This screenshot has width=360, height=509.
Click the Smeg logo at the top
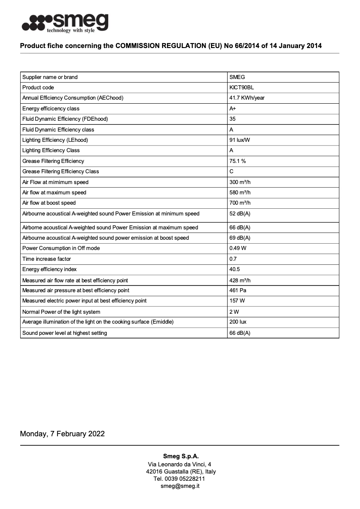65,22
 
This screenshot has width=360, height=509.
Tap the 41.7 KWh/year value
247,98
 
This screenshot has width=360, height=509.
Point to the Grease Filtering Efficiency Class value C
232,171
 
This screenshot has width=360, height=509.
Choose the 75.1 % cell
237,161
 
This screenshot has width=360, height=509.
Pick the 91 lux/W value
240,140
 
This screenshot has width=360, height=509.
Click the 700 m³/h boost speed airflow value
240,203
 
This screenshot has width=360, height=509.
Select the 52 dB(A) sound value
240,214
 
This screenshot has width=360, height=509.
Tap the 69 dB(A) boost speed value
240,238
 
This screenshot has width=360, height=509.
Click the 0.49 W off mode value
237,248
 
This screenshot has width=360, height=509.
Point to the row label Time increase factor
47,259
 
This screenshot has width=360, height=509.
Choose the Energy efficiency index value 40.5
235,269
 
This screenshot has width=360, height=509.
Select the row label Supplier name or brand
50,77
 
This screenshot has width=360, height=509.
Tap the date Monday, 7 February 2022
62,434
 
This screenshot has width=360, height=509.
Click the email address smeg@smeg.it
180,486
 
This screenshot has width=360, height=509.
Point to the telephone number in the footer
180,478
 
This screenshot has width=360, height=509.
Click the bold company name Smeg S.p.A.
180,456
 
